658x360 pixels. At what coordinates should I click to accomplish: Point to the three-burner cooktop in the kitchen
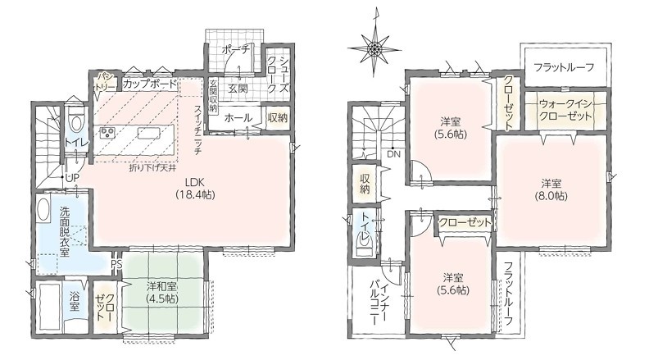pos(108,133)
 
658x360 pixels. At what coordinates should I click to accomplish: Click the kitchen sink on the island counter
pos(148,133)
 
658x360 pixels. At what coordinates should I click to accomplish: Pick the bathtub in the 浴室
pos(49,307)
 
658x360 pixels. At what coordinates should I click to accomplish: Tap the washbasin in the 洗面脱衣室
pos(43,209)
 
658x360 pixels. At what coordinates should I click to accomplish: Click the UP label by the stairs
pos(72,178)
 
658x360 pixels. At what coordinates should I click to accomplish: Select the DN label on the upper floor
pos(393,154)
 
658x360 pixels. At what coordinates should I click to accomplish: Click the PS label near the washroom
pos(117,265)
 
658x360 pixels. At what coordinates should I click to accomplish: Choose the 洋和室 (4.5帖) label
pos(162,293)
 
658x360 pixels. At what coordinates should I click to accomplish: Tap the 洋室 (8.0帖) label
pos(551,189)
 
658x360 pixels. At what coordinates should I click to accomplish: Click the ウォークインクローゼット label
pos(565,110)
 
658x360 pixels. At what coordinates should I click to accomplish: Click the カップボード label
pos(150,84)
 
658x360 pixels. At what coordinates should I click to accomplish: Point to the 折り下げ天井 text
pos(152,168)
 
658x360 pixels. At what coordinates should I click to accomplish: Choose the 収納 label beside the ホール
pos(278,117)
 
